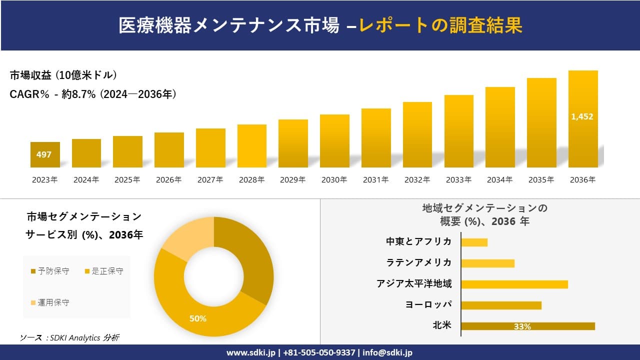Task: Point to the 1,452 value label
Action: [582, 116]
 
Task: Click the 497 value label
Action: [44, 154]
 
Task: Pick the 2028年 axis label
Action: [251, 180]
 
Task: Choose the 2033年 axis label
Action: [458, 180]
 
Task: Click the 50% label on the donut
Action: [198, 318]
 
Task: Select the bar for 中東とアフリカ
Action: [474, 242]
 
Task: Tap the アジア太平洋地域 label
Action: [414, 284]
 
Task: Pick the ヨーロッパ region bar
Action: [501, 305]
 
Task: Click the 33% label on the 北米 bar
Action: [522, 326]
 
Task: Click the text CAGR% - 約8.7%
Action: [52, 94]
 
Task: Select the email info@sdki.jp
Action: [388, 352]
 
